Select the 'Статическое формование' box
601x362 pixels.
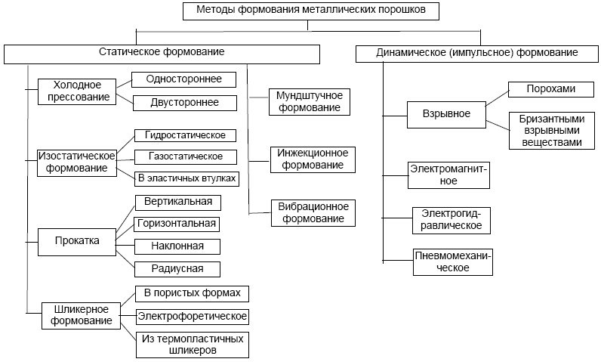(x=162, y=54)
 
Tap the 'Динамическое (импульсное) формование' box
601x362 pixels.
(x=476, y=54)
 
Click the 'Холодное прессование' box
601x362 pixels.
(x=77, y=91)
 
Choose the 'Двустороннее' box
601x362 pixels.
(x=183, y=102)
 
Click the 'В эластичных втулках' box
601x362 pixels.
(x=186, y=179)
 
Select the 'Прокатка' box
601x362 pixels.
(x=77, y=241)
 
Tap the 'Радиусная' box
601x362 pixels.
(x=177, y=268)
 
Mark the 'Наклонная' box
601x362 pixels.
(x=177, y=246)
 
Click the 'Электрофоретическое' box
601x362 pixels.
(x=192, y=315)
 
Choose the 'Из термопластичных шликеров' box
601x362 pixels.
(x=192, y=345)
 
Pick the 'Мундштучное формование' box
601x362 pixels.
(x=310, y=101)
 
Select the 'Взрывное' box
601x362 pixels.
(x=447, y=114)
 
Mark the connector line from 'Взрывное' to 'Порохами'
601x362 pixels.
(x=497, y=97)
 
